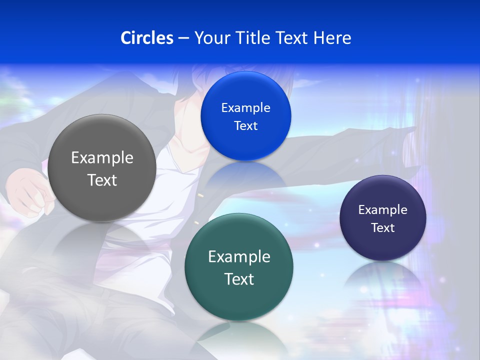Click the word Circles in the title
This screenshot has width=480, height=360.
pyautogui.click(x=146, y=38)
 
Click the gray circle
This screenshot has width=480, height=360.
pyautogui.click(x=101, y=168)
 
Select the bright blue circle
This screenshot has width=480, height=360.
pyautogui.click(x=245, y=116)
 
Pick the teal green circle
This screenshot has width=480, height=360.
pyautogui.click(x=239, y=267)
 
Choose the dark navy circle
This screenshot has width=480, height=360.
pyautogui.click(x=382, y=218)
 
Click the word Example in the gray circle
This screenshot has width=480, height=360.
pyautogui.click(x=102, y=158)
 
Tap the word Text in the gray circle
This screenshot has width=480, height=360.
pyautogui.click(x=102, y=180)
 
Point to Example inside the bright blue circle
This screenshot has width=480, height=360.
pyautogui.click(x=245, y=108)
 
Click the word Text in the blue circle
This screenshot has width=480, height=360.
pyautogui.click(x=245, y=126)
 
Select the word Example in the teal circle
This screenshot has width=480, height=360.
pyautogui.click(x=239, y=257)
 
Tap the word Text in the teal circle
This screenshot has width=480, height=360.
pyautogui.click(x=239, y=279)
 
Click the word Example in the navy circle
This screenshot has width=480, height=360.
pyautogui.click(x=382, y=210)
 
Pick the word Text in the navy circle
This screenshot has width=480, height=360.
pyautogui.click(x=382, y=228)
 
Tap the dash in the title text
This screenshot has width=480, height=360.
pyautogui.click(x=183, y=38)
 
